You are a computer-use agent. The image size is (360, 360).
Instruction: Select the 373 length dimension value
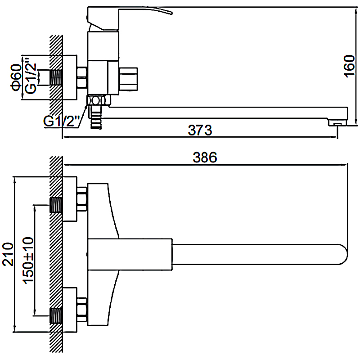point(200,130)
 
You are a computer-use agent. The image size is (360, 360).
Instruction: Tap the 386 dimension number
point(205,157)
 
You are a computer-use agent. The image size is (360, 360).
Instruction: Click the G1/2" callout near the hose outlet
point(62,121)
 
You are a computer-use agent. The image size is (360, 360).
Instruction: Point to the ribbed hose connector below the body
point(95,118)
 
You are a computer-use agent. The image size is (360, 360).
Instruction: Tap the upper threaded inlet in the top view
point(55,205)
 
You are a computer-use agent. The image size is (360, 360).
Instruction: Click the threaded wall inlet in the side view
point(55,77)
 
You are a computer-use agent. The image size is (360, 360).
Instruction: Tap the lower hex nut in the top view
point(82,310)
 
